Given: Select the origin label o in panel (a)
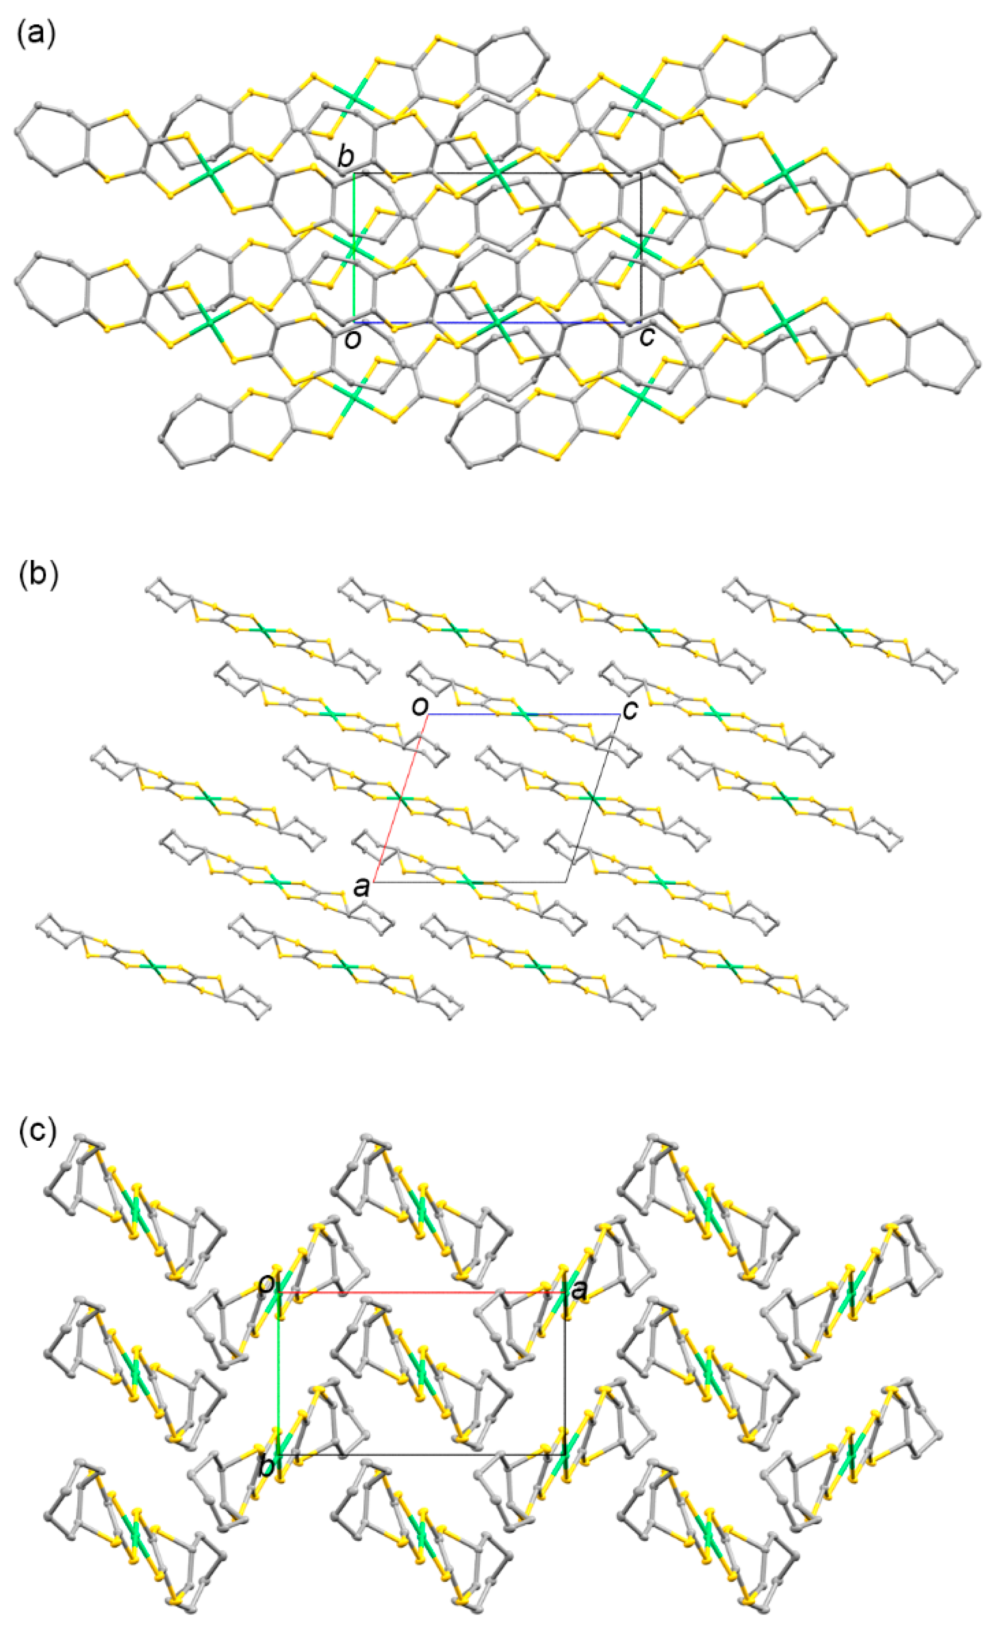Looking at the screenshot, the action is pos(353,339).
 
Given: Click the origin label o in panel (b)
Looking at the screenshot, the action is pos(419,706).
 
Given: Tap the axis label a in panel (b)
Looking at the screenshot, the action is pos(362,886).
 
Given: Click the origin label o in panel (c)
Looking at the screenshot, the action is pos(267,1284).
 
